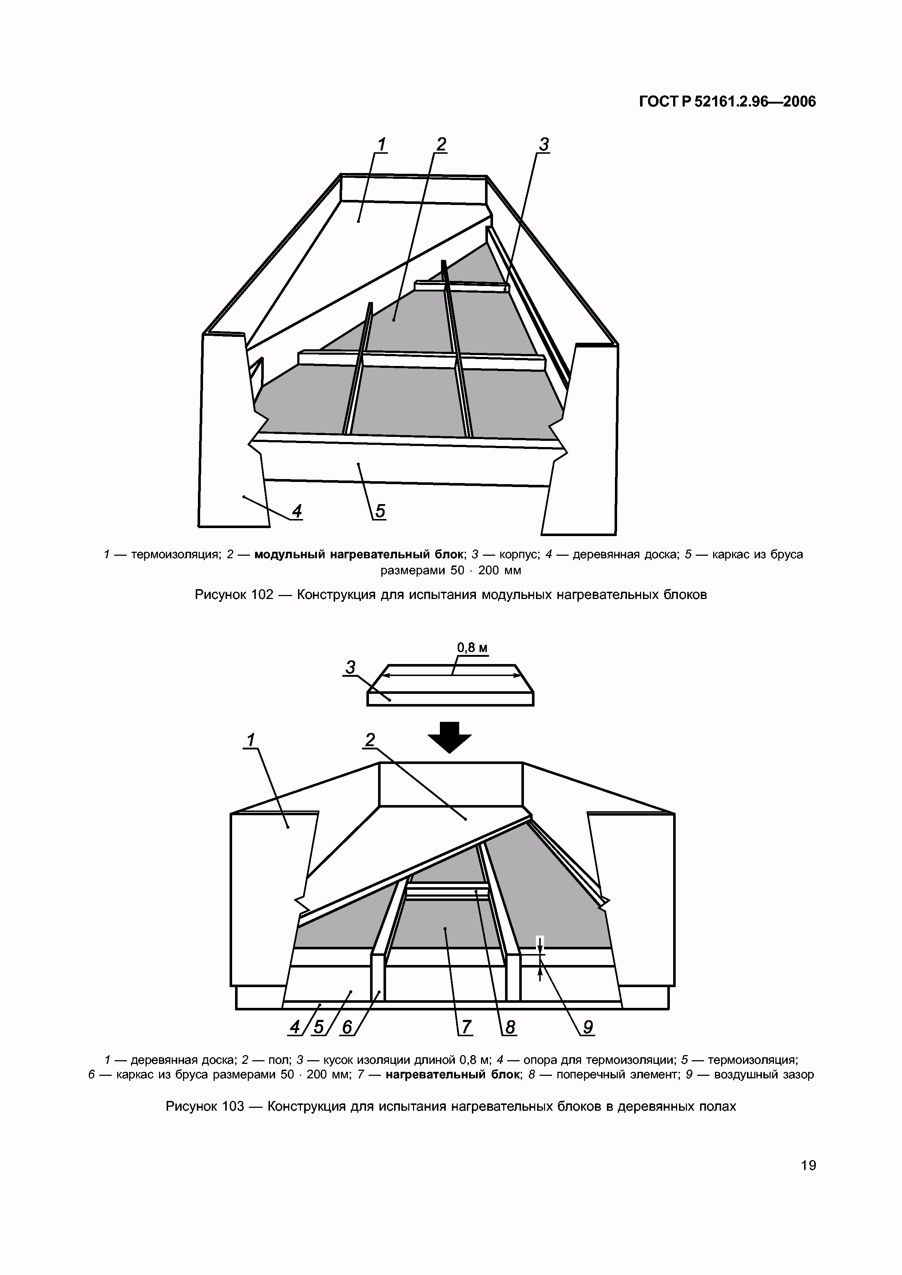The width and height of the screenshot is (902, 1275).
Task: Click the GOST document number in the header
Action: (x=727, y=102)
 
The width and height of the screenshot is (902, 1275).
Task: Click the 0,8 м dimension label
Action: (x=472, y=648)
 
